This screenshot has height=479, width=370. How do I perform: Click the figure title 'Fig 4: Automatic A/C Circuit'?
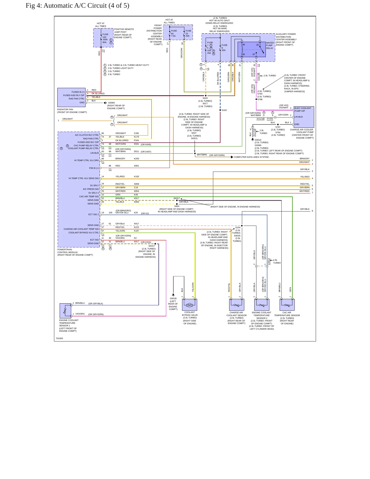[67, 6]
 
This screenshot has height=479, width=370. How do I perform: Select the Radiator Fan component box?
[71, 98]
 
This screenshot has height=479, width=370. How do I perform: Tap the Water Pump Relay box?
[252, 49]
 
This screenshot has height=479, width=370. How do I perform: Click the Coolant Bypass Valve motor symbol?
[189, 305]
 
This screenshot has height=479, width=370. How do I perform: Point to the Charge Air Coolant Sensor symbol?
[237, 305]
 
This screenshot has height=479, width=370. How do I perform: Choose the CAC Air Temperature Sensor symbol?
[287, 305]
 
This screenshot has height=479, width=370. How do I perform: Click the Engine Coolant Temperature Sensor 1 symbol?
[66, 311]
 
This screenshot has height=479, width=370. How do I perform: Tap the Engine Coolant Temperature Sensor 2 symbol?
[262, 305]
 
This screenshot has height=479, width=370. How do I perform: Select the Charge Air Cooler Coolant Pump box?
[304, 117]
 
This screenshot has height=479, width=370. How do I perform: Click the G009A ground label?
[111, 103]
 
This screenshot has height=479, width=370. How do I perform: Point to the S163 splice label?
[224, 110]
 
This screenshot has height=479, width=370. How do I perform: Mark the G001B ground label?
[173, 298]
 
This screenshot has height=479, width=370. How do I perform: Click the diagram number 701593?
[59, 338]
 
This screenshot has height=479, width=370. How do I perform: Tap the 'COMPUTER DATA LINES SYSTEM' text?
[251, 157]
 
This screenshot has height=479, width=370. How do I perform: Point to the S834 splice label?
[177, 206]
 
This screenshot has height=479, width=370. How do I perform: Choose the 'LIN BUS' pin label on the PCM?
[94, 153]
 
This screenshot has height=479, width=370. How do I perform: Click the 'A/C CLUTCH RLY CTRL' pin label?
[87, 135]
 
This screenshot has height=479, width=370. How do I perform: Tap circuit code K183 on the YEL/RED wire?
[136, 176]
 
